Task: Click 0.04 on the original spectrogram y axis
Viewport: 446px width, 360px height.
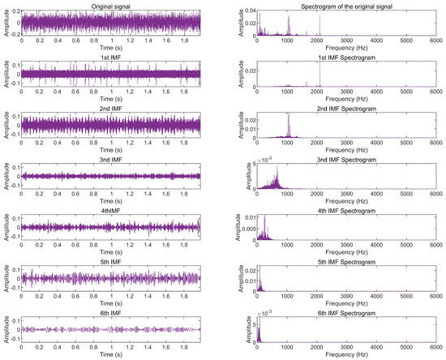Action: [x=250, y=11]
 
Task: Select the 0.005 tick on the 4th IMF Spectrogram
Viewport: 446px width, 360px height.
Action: [x=247, y=229]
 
